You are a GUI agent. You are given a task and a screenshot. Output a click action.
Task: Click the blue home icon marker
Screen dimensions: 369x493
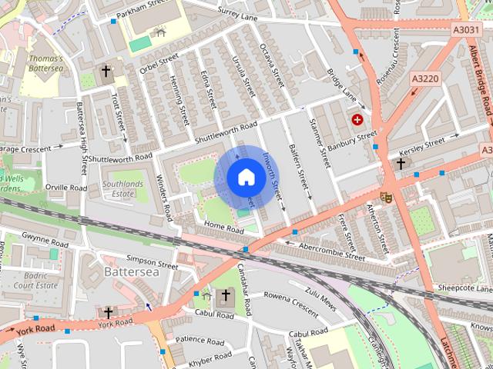pos(246,178)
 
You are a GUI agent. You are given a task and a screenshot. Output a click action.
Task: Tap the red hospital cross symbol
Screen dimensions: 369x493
pos(357,119)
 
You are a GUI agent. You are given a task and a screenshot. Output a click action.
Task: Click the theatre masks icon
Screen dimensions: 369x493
pos(387,197)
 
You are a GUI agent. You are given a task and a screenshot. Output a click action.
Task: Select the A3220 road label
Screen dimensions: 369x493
pos(424,78)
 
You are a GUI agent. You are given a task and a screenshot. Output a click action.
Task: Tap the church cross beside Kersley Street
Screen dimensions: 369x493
pos(400,164)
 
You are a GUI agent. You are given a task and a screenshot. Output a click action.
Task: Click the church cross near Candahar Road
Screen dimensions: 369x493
pos(226,296)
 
